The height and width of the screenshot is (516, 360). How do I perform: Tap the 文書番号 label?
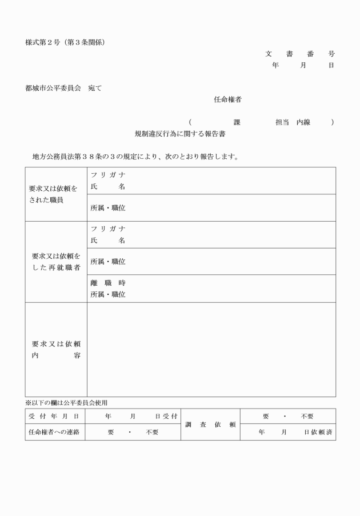click(x=299, y=54)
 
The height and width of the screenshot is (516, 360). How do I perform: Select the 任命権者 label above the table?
click(x=227, y=99)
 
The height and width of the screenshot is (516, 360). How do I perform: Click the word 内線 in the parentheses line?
click(x=303, y=122)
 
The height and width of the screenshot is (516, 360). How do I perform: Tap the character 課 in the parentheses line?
click(x=237, y=122)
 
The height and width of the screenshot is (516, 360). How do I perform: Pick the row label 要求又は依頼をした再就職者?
click(x=55, y=262)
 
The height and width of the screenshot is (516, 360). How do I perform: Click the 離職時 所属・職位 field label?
click(x=108, y=289)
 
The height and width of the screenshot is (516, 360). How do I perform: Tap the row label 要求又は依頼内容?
click(x=55, y=350)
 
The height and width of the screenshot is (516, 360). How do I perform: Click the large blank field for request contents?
click(x=211, y=350)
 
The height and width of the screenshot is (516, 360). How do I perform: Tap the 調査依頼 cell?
click(x=210, y=424)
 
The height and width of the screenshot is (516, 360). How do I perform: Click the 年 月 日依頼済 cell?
click(x=287, y=432)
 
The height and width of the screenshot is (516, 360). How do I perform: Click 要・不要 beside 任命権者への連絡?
click(x=133, y=432)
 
